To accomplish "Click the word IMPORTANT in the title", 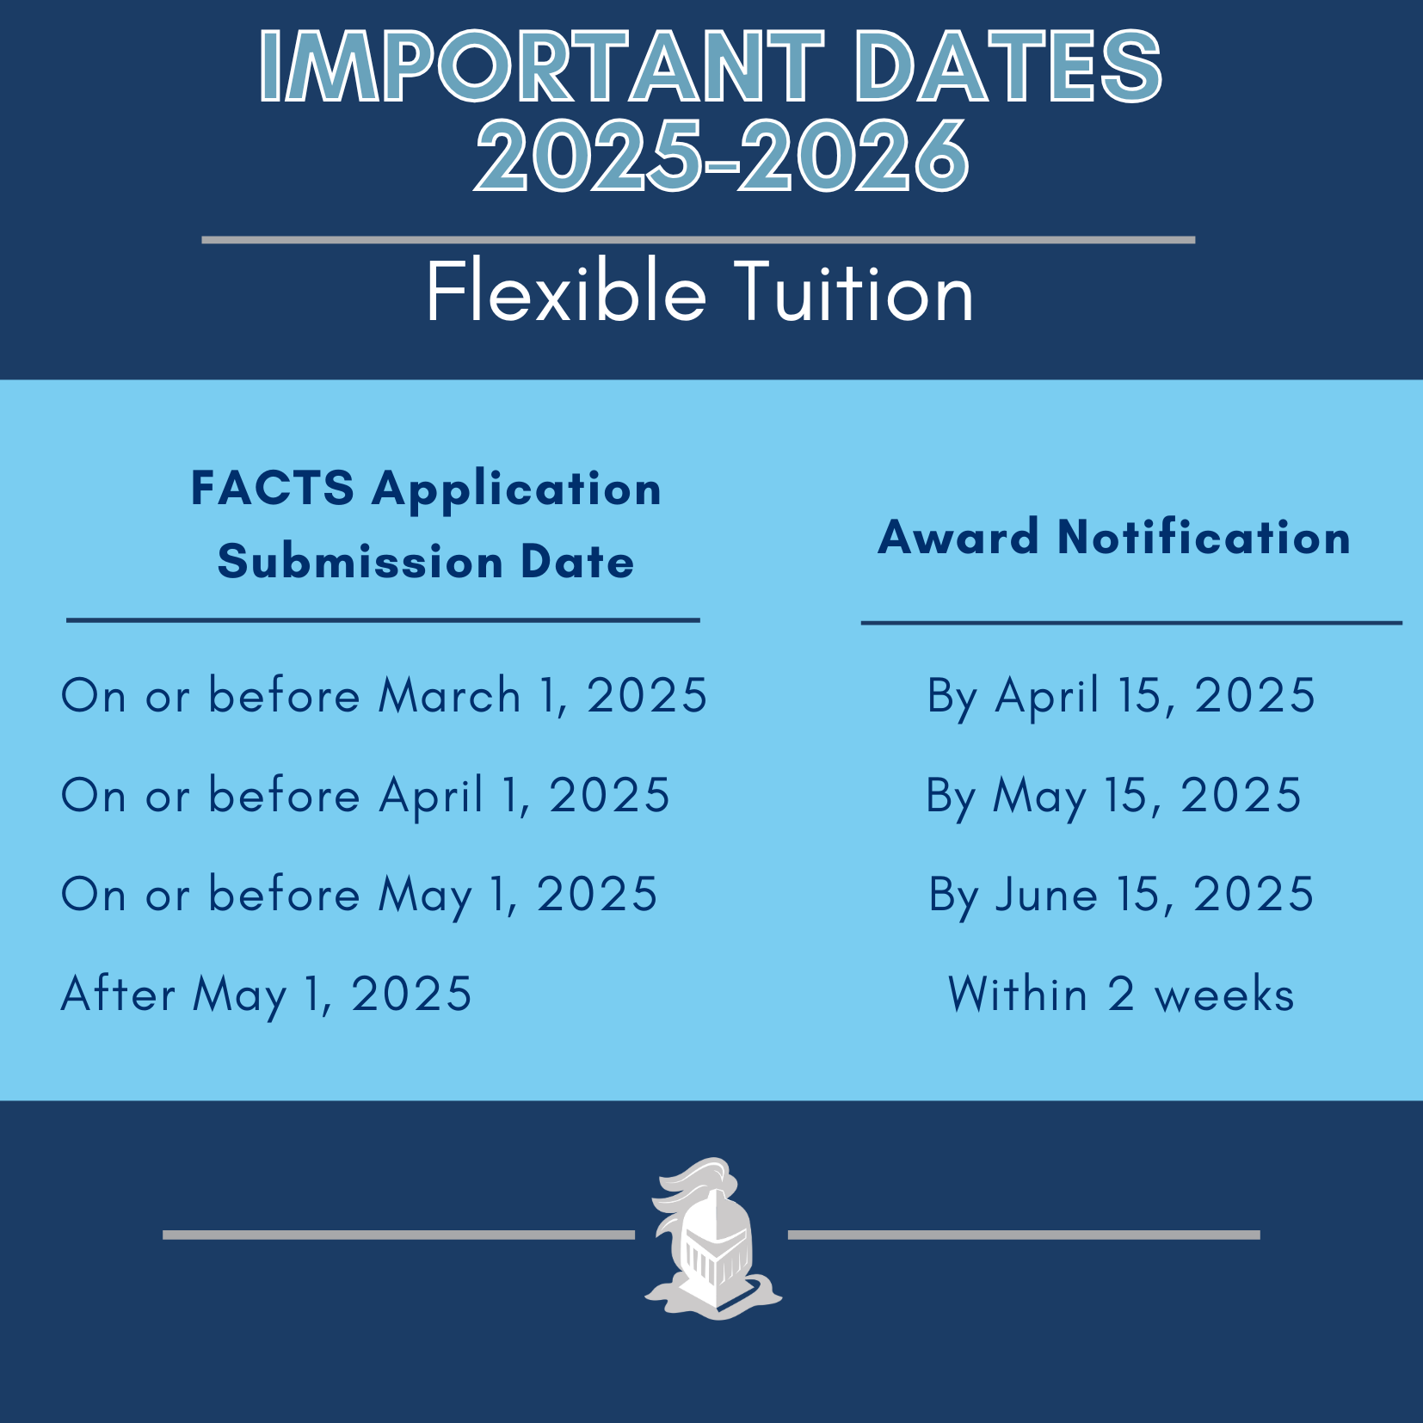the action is [x=542, y=66].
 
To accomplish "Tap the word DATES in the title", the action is [x=1008, y=66].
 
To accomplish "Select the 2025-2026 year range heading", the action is [x=722, y=156].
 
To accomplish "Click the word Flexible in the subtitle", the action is [x=566, y=292].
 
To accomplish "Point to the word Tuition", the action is [x=853, y=293].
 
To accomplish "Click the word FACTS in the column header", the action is [x=272, y=488].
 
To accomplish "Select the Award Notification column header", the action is [x=1114, y=538].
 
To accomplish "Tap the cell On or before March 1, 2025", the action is [x=385, y=695].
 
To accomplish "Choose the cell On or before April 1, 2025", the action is [x=366, y=795].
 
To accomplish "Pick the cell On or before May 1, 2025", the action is [x=360, y=895].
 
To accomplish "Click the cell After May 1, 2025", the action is [x=267, y=995].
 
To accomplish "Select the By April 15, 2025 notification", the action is [x=1121, y=696].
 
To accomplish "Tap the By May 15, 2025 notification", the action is [x=1114, y=796].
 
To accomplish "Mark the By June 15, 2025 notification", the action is [x=1121, y=896].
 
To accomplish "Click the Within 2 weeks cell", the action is [x=1121, y=994].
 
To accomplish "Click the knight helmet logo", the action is [x=713, y=1239].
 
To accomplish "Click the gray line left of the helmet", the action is [x=398, y=1235].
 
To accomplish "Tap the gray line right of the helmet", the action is [x=1024, y=1235].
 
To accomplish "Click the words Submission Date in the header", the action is [x=426, y=562].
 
